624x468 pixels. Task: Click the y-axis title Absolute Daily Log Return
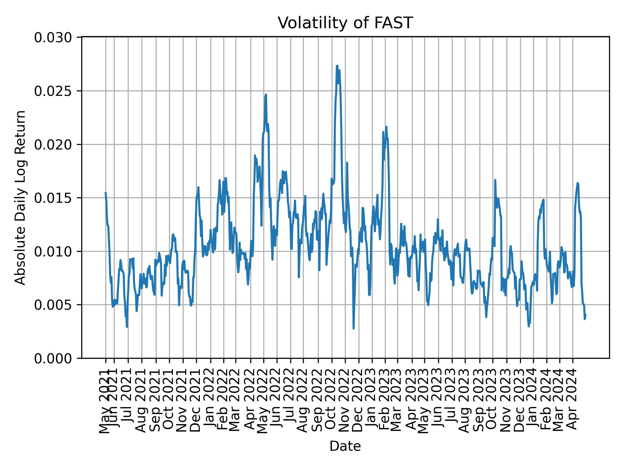tap(21, 198)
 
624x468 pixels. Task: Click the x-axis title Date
tap(345, 446)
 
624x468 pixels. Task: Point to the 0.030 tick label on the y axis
tap(53, 38)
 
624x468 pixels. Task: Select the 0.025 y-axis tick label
tap(53, 91)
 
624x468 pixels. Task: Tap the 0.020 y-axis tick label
tap(53, 145)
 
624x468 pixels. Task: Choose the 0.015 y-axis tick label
tap(53, 198)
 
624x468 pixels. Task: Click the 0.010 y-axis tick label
tap(53, 252)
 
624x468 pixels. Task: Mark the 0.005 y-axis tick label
tap(53, 305)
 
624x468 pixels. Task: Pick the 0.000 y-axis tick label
tap(53, 358)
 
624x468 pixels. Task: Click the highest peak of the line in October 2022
tap(337, 66)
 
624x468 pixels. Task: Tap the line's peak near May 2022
tap(266, 95)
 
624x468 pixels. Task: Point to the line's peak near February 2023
tap(386, 127)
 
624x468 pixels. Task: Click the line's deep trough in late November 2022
tap(354, 328)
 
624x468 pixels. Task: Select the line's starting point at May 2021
tap(105, 192)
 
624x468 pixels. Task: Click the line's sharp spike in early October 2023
tap(495, 180)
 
